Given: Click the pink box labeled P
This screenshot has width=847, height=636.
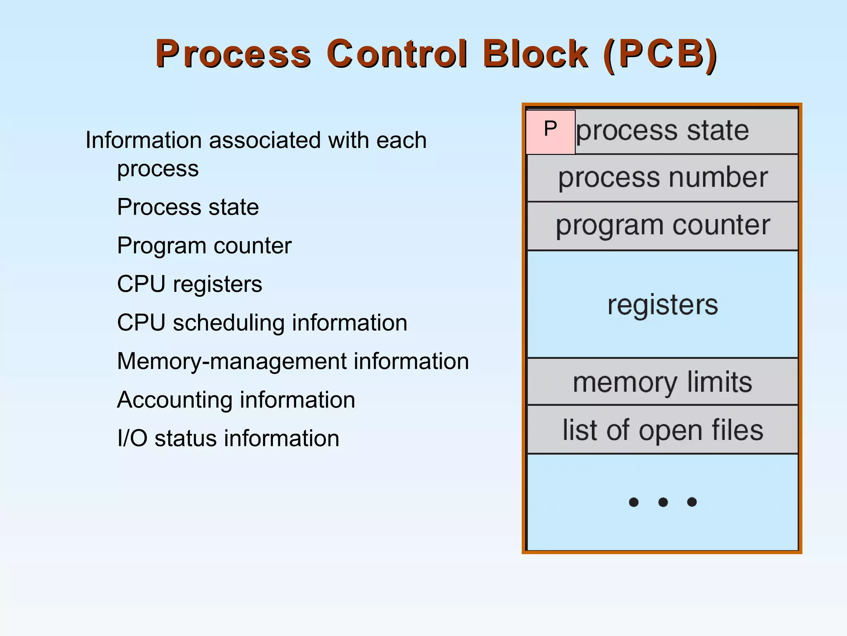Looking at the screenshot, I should [550, 132].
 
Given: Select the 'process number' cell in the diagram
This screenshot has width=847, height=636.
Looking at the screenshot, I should [663, 178].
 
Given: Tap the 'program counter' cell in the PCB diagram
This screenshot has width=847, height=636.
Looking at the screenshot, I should [663, 226].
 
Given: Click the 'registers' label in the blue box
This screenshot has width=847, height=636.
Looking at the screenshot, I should [663, 305].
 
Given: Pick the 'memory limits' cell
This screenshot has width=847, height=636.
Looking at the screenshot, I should [663, 382].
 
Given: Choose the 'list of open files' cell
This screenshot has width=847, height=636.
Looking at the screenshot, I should [663, 430].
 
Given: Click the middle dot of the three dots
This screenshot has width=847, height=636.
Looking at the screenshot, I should [663, 502].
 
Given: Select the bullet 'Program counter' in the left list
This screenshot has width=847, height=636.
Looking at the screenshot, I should [204, 246].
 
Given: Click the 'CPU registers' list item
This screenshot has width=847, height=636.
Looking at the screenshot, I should [189, 284].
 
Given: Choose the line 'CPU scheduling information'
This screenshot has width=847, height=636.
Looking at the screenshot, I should [262, 323].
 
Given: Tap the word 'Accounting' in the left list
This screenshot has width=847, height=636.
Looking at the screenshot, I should [175, 400].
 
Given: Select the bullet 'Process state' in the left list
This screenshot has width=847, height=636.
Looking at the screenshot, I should [188, 207].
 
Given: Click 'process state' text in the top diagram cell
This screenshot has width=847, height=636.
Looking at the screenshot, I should [663, 131].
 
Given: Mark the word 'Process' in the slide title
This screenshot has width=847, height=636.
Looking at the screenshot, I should [233, 54].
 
